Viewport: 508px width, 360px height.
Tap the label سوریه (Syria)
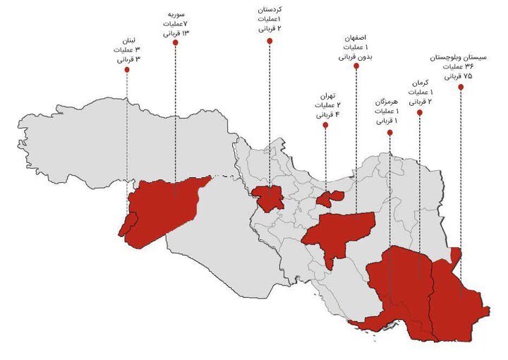[176, 13]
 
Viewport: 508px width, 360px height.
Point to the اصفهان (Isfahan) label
[357, 37]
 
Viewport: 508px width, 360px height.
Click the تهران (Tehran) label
[325, 94]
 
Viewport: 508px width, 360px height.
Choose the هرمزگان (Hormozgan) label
[388, 102]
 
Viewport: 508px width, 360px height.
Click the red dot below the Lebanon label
[127, 70]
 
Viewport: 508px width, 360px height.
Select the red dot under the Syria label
[175, 42]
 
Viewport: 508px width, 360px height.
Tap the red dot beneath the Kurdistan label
[269, 41]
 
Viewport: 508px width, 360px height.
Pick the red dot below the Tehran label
[325, 125]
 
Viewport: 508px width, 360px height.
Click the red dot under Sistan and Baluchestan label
[461, 87]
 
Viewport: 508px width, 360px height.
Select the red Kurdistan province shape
[269, 198]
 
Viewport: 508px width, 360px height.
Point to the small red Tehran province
[329, 198]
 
